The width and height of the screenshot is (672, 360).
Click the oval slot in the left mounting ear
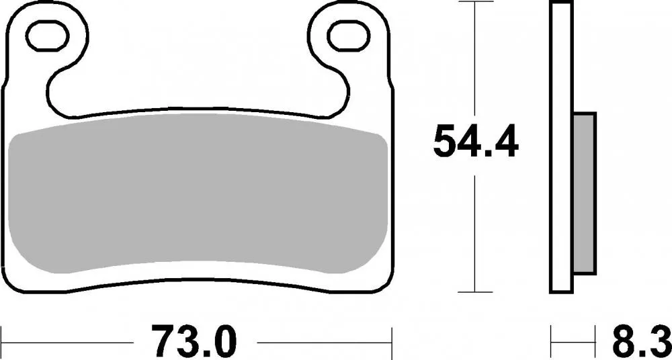pyautogui.click(x=50, y=32)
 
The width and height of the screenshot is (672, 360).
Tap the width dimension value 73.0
pyautogui.click(x=196, y=341)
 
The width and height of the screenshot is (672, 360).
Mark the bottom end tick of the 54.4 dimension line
pyautogui.click(x=476, y=292)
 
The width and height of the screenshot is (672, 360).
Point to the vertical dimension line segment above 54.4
pyautogui.click(x=476, y=60)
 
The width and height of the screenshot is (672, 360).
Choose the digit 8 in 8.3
pyautogui.click(x=622, y=341)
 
